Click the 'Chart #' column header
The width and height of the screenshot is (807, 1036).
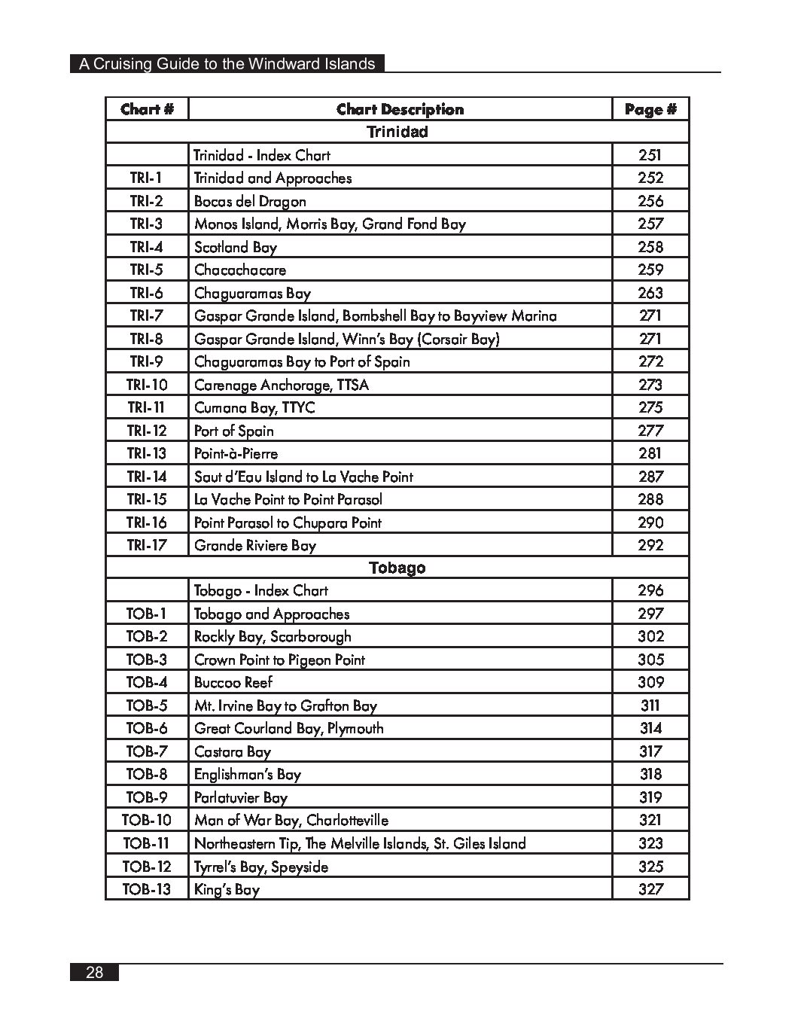point(147,109)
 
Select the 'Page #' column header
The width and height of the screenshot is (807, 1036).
point(650,109)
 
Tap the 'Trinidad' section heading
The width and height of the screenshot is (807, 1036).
point(397,132)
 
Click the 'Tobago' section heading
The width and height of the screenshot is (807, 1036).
point(397,568)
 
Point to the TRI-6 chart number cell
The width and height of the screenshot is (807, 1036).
point(146,293)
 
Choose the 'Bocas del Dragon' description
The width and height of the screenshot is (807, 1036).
point(250,201)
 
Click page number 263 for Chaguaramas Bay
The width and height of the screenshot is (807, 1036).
point(650,293)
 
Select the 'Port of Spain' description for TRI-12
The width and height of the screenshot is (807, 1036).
point(234,431)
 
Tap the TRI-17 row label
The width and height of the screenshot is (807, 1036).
point(147,545)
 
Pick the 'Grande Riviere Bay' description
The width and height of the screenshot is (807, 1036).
point(255,545)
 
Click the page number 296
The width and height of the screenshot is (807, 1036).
point(650,590)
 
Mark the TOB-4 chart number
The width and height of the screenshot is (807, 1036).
point(147,682)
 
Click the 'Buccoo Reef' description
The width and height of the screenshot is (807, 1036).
point(233,682)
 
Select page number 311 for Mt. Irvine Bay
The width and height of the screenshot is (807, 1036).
point(650,705)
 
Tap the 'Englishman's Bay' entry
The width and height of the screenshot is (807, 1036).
point(248,774)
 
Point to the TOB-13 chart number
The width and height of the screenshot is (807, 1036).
point(147,889)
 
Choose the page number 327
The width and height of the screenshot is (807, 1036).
point(650,889)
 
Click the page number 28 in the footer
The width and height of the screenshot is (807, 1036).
point(95,972)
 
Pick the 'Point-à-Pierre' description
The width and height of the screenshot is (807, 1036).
point(236,453)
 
